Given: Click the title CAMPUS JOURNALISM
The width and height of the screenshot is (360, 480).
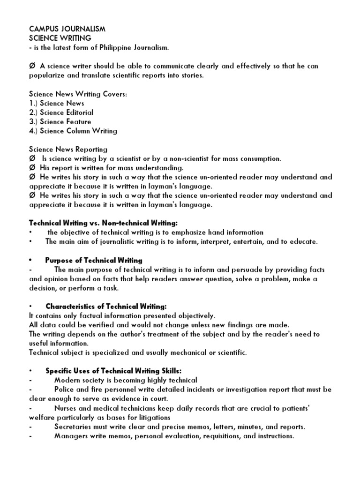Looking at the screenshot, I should [x=67, y=29].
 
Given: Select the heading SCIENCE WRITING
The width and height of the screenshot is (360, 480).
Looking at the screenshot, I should [x=60, y=38].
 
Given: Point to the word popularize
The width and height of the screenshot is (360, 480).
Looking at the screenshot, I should [x=48, y=75].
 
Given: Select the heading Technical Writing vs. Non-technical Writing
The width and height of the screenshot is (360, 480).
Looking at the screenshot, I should [x=104, y=224].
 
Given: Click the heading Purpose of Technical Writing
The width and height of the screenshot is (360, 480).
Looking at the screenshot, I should [x=94, y=260].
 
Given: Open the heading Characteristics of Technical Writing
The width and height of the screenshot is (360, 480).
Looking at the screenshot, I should [x=106, y=307].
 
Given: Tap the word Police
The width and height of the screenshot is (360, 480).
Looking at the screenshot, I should [x=64, y=390].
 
